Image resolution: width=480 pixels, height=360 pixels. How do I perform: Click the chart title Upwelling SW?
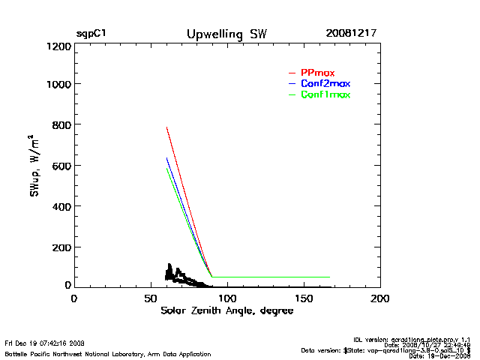coord(226,34)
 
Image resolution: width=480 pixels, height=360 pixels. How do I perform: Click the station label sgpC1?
coord(91,34)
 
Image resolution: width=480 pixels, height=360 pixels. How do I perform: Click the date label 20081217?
coord(351,34)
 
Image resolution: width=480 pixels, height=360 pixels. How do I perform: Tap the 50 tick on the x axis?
coord(150,298)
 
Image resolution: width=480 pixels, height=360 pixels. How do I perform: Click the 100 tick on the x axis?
coord(226,298)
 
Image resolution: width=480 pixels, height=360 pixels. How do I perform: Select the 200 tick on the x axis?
coord(380,298)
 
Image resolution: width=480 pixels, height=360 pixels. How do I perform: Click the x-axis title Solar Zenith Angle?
coord(226,311)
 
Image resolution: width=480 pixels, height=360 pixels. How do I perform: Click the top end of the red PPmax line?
coord(166,127)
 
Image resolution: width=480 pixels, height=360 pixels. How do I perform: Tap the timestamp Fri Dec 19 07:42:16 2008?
coord(45,343)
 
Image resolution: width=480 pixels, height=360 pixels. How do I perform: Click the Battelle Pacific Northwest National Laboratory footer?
coord(107,353)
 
